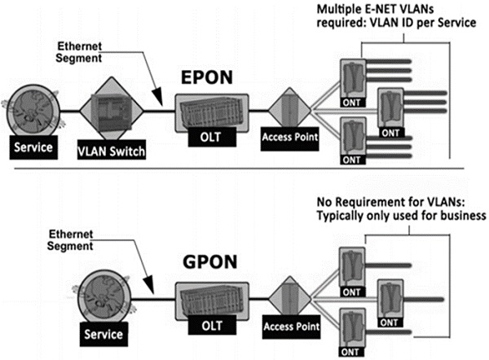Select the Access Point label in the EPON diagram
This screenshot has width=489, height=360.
[288, 136]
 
